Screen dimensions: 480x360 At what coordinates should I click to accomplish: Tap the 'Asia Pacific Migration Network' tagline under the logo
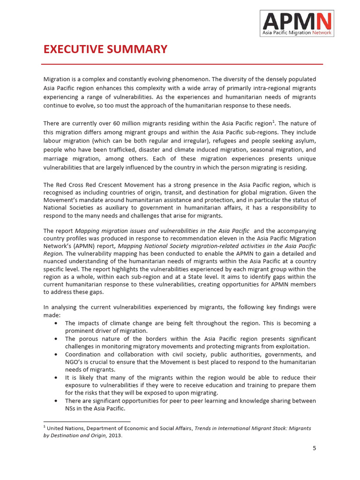(297, 33)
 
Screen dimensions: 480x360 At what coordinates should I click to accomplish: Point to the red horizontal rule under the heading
(182, 64)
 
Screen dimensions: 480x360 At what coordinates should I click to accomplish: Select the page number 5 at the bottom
(315, 448)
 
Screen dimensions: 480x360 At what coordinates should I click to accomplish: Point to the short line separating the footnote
(87, 422)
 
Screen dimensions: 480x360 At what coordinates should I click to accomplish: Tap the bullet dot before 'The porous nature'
(56, 339)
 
